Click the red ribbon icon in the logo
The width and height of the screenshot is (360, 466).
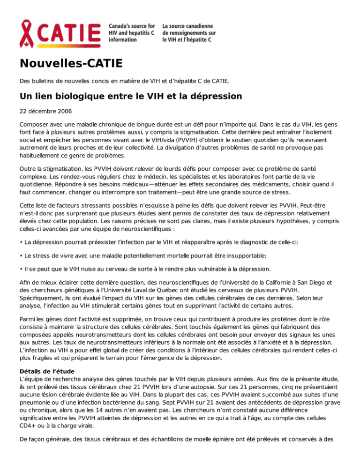click(28, 34)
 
